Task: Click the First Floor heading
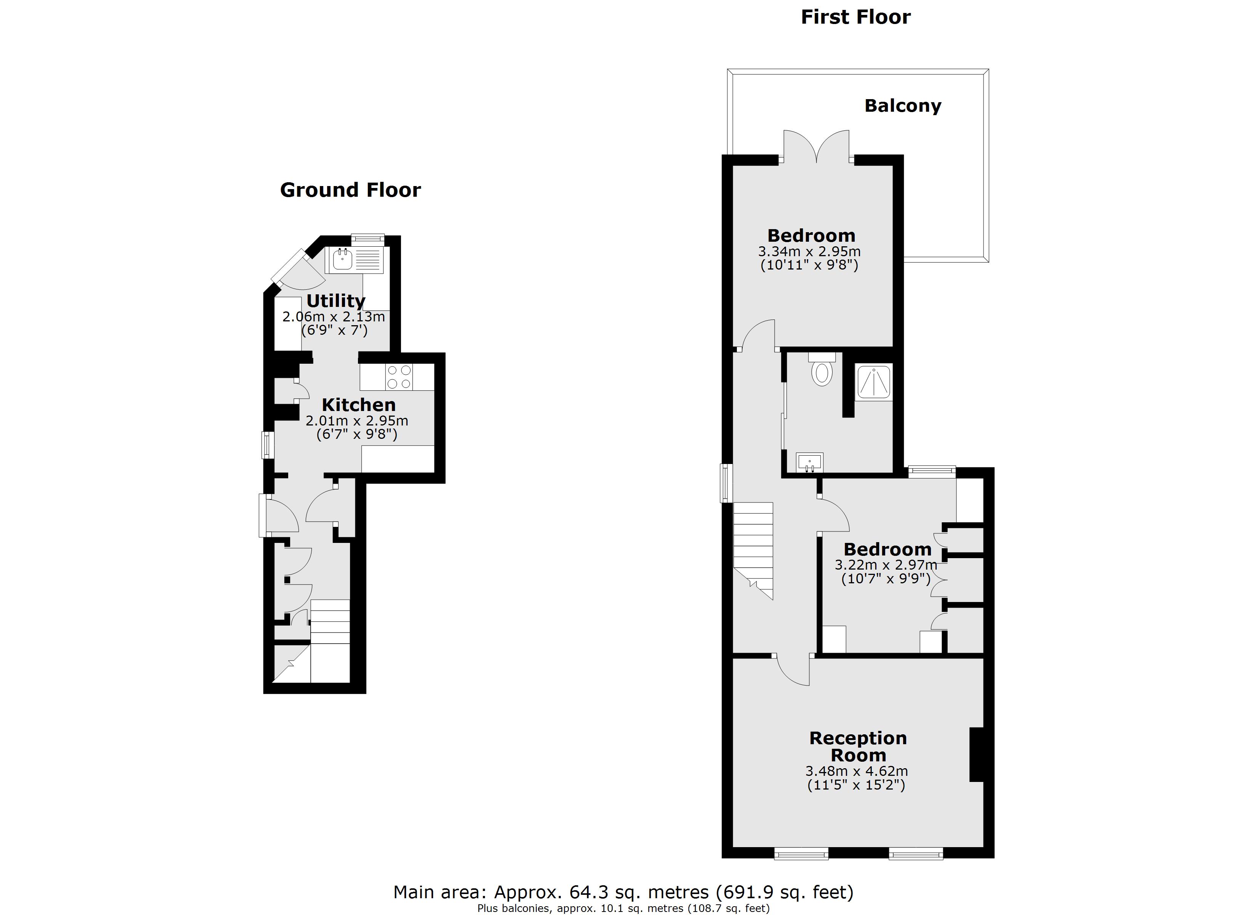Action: coord(855,17)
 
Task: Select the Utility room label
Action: coord(335,301)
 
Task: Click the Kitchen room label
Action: coord(358,405)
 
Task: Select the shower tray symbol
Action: coord(874,382)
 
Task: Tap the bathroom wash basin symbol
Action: coord(809,462)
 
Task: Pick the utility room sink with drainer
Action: coord(355,260)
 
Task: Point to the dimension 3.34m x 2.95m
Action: coord(809,251)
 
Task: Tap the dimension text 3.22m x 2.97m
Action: coord(886,565)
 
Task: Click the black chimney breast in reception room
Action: coord(976,754)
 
